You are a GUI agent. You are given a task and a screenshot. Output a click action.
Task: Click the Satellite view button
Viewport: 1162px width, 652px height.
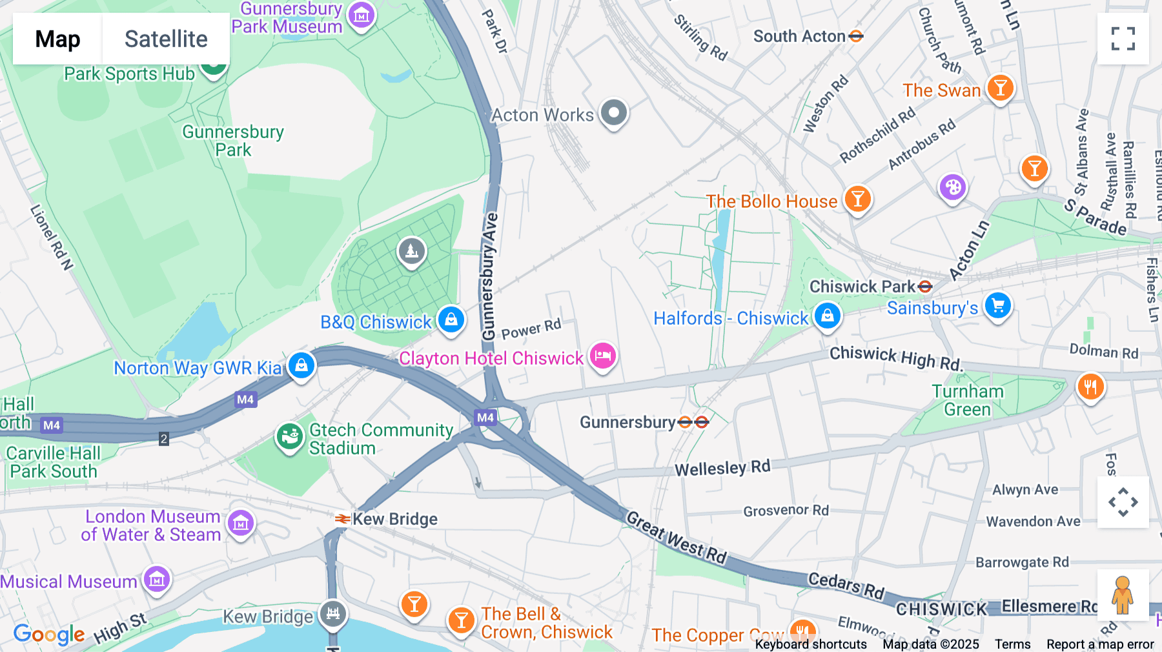click(x=166, y=39)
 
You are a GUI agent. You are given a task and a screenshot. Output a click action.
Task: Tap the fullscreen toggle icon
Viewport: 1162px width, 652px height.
click(x=1123, y=39)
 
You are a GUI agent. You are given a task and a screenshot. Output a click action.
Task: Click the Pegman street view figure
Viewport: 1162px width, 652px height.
click(x=1123, y=595)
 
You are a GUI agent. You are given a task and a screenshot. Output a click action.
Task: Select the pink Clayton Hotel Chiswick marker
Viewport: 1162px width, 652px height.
click(x=602, y=356)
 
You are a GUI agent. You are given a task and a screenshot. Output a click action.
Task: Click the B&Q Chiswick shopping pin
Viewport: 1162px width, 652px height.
click(x=451, y=320)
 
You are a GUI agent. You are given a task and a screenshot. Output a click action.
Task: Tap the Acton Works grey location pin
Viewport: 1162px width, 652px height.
click(x=613, y=113)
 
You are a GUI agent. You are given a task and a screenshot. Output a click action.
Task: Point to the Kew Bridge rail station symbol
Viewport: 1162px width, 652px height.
click(x=343, y=519)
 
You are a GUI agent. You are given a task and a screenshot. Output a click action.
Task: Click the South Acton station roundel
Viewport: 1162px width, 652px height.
click(x=856, y=36)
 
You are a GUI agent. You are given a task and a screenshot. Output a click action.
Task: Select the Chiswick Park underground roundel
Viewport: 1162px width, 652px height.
click(x=925, y=287)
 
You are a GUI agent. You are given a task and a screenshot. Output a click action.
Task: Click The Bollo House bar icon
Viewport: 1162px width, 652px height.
click(x=857, y=199)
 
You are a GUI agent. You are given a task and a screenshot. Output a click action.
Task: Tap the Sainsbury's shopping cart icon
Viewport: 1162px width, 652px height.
click(x=998, y=306)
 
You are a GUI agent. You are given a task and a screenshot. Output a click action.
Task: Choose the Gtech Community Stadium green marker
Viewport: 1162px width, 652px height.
click(x=289, y=437)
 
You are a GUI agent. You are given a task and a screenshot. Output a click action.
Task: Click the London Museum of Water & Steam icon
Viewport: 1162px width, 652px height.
click(x=241, y=524)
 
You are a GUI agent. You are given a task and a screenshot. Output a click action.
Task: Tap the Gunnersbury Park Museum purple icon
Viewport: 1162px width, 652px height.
click(x=362, y=15)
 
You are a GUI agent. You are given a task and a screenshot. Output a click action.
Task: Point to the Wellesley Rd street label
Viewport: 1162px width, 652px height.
click(x=722, y=468)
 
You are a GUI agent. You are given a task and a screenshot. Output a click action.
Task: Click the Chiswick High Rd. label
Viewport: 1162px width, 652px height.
click(x=895, y=357)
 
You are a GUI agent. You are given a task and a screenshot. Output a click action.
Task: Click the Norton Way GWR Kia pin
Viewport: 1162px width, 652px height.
click(x=301, y=366)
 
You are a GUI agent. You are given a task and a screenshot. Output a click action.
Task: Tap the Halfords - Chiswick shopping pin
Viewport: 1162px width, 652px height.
click(x=827, y=316)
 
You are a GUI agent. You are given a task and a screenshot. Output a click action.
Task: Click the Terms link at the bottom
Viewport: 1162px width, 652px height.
click(x=1012, y=644)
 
